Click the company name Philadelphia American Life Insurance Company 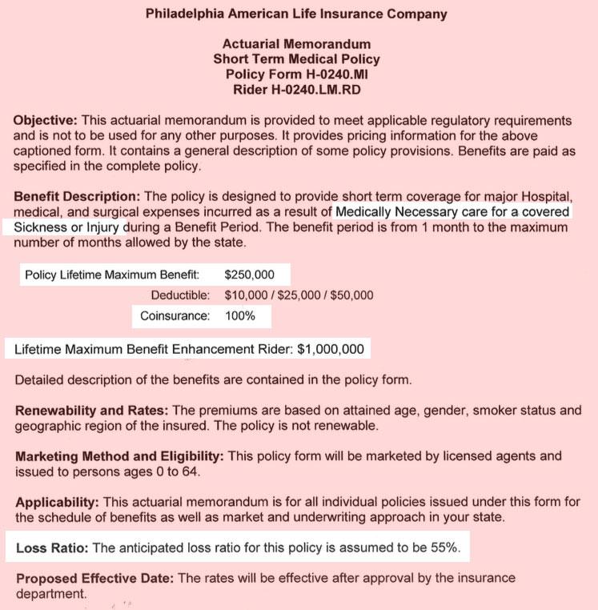[x=296, y=14]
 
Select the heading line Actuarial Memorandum [x=296, y=44]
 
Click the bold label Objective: [x=46, y=120]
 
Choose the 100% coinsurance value [x=240, y=315]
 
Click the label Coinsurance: [x=175, y=315]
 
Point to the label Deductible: [x=180, y=295]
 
